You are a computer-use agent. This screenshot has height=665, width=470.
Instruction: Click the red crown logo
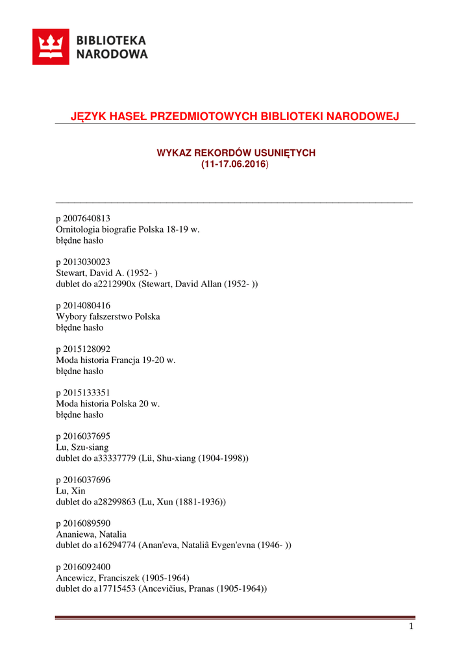tap(51, 47)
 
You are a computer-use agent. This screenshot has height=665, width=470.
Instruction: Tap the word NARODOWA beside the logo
tap(112, 55)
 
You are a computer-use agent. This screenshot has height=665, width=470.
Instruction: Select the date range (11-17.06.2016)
tap(234, 164)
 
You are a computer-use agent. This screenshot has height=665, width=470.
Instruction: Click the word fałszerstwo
tap(108, 316)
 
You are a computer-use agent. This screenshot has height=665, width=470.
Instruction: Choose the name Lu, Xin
tap(71, 490)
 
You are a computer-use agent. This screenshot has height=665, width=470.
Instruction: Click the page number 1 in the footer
tap(411, 626)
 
